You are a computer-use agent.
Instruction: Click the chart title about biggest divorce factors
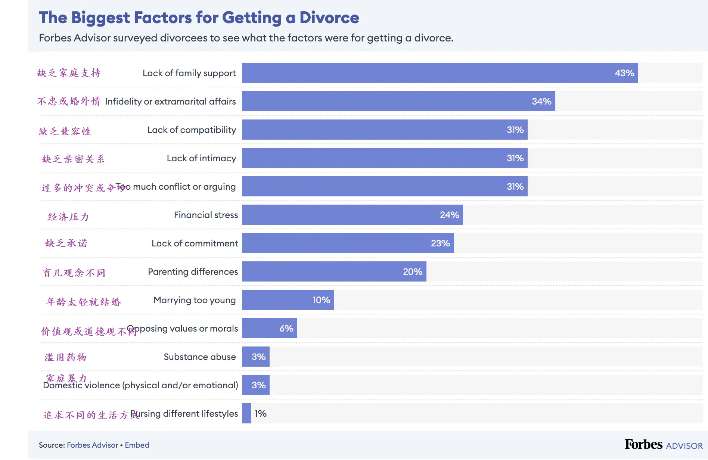tap(199, 18)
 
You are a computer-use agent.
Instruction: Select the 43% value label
tap(624, 73)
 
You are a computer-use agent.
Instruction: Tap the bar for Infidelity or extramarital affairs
tap(398, 101)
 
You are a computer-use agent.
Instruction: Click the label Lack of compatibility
tap(192, 130)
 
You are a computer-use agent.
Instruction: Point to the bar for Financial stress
tap(352, 215)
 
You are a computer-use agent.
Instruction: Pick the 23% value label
tap(440, 243)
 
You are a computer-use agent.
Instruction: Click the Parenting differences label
tap(193, 272)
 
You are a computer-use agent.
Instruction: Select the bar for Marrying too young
tap(288, 300)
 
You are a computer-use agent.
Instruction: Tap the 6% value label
tap(286, 329)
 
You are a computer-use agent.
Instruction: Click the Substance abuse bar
tap(255, 357)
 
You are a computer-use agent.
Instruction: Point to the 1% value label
tap(260, 414)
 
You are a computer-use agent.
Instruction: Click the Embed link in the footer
tap(137, 445)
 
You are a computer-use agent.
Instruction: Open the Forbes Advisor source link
tap(92, 445)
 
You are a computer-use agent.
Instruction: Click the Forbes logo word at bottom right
tap(643, 444)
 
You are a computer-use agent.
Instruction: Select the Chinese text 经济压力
tap(68, 217)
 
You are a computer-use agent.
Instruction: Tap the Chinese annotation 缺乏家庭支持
tap(69, 73)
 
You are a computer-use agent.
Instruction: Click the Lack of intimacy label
tap(201, 158)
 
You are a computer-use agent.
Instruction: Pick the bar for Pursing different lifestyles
tap(246, 413)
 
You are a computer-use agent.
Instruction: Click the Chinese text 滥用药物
tap(66, 357)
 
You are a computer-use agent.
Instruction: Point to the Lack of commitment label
tap(195, 243)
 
